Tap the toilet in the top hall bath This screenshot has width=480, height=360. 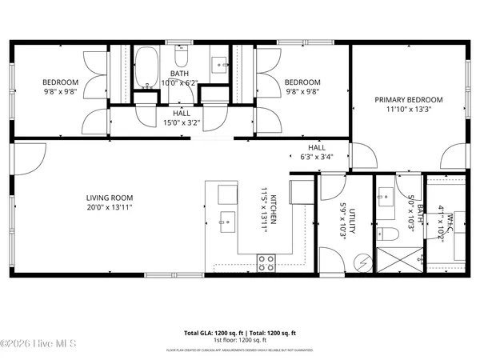(x=181, y=59)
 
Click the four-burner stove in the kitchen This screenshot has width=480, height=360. (x=266, y=262)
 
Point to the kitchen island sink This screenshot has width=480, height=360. (x=226, y=220)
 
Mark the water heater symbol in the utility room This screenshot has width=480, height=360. (x=362, y=262)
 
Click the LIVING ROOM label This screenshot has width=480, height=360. (x=110, y=198)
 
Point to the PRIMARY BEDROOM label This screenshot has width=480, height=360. (x=409, y=100)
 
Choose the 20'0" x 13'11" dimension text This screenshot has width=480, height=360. (x=110, y=207)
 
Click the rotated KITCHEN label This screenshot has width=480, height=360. (x=273, y=210)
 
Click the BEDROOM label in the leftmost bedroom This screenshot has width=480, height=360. (x=60, y=82)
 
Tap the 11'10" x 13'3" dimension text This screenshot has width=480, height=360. (x=409, y=110)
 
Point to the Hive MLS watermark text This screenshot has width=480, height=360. (x=38, y=343)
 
